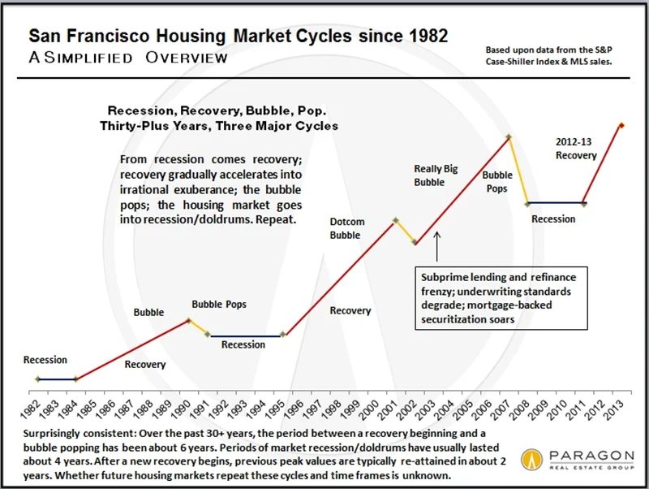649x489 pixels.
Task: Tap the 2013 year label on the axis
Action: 621,407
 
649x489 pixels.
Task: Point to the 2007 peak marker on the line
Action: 509,137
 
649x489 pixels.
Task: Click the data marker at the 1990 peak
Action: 188,319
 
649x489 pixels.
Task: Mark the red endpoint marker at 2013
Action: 621,125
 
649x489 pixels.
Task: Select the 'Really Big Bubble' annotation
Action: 429,175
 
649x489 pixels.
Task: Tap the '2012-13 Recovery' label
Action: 576,149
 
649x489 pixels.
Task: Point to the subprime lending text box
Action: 500,297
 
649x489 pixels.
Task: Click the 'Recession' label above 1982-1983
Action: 45,360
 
